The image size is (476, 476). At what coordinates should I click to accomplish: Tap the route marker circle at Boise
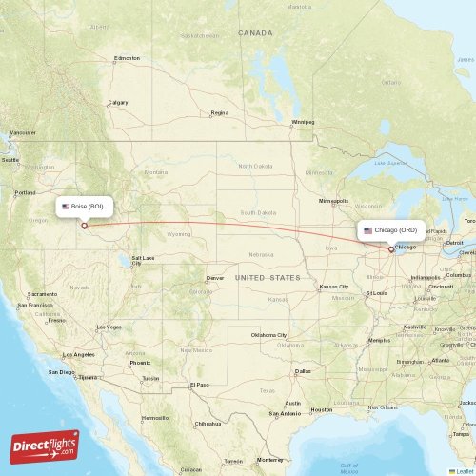[84, 226]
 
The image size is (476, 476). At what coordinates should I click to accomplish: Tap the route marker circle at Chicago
[390, 249]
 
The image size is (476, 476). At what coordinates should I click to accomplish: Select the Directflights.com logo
[45, 446]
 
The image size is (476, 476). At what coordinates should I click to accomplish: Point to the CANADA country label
[255, 32]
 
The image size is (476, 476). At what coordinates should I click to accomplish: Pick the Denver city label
[215, 278]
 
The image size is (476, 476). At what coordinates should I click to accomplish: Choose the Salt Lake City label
[144, 260]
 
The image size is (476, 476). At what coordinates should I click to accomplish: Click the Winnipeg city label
[303, 122]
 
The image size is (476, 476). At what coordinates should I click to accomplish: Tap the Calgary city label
[118, 102]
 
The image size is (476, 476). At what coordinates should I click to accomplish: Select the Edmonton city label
[127, 58]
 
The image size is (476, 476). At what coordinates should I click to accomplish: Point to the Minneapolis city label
[334, 202]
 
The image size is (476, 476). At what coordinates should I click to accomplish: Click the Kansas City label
[334, 287]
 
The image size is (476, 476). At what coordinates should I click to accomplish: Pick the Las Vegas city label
[108, 327]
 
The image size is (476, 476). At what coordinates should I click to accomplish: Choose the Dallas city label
[303, 370]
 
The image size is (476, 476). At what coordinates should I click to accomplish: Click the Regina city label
[220, 112]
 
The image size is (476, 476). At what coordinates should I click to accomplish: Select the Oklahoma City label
[270, 335]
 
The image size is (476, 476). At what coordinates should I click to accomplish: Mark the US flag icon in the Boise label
[66, 207]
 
